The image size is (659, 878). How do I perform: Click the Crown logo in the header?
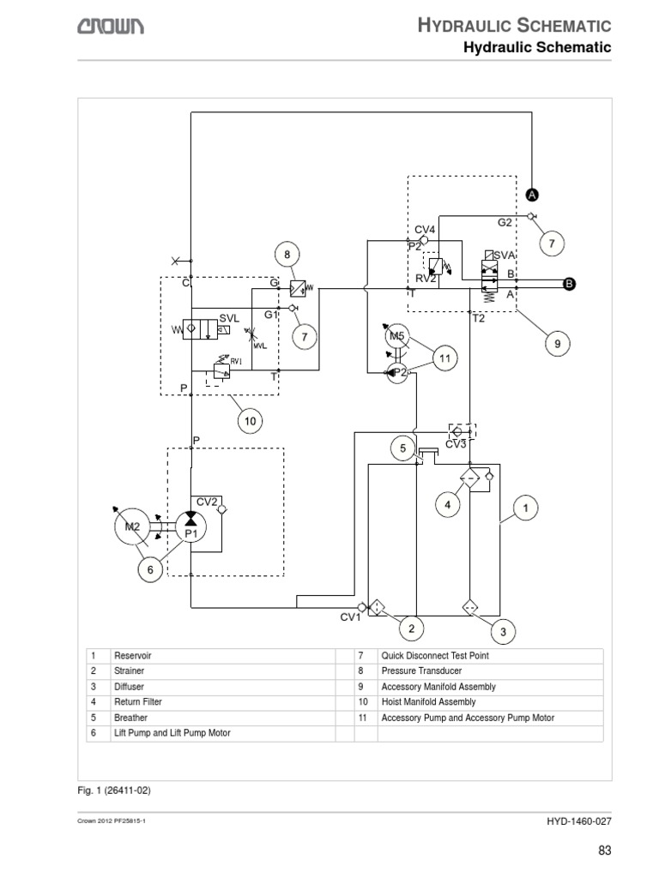(112, 27)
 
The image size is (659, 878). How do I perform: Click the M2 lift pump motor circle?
(132, 526)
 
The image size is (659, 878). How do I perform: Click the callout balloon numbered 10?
(250, 421)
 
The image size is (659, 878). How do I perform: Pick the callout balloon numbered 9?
(557, 344)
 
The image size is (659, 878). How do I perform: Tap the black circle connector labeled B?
(567, 285)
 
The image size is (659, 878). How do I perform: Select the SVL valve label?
(229, 317)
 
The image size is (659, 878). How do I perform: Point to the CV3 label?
(455, 444)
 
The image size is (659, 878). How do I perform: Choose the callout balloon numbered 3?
(503, 633)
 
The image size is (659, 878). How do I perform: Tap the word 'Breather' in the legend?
(130, 718)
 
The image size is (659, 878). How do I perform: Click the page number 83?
(603, 851)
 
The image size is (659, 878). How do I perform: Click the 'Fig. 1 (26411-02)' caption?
(119, 789)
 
